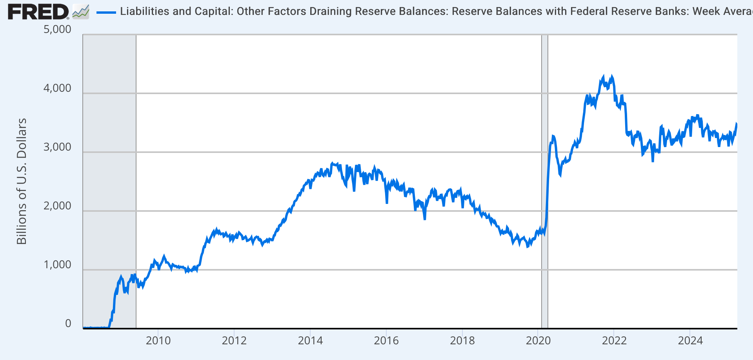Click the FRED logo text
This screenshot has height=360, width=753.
38,12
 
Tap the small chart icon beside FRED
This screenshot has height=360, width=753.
81,12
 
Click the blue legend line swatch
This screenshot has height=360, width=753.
106,12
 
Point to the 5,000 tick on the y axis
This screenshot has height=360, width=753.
57,29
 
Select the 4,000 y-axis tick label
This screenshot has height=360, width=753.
57,88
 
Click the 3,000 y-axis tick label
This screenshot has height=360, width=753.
57,147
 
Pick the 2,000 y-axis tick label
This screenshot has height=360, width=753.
57,206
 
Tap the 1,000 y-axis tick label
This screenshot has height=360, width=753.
57,265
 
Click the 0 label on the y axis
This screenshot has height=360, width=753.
68,324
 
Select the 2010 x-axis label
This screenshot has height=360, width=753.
158,340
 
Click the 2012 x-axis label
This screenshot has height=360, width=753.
234,340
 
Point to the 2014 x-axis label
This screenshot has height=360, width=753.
310,340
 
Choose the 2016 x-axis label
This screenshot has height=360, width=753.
386,340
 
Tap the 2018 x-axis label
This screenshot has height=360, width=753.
462,340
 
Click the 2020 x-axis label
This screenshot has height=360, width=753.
538,340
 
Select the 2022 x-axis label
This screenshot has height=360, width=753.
614,340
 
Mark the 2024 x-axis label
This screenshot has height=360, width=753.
690,340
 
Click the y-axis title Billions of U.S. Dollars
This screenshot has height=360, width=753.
22,181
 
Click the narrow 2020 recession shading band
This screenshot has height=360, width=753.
544,180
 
